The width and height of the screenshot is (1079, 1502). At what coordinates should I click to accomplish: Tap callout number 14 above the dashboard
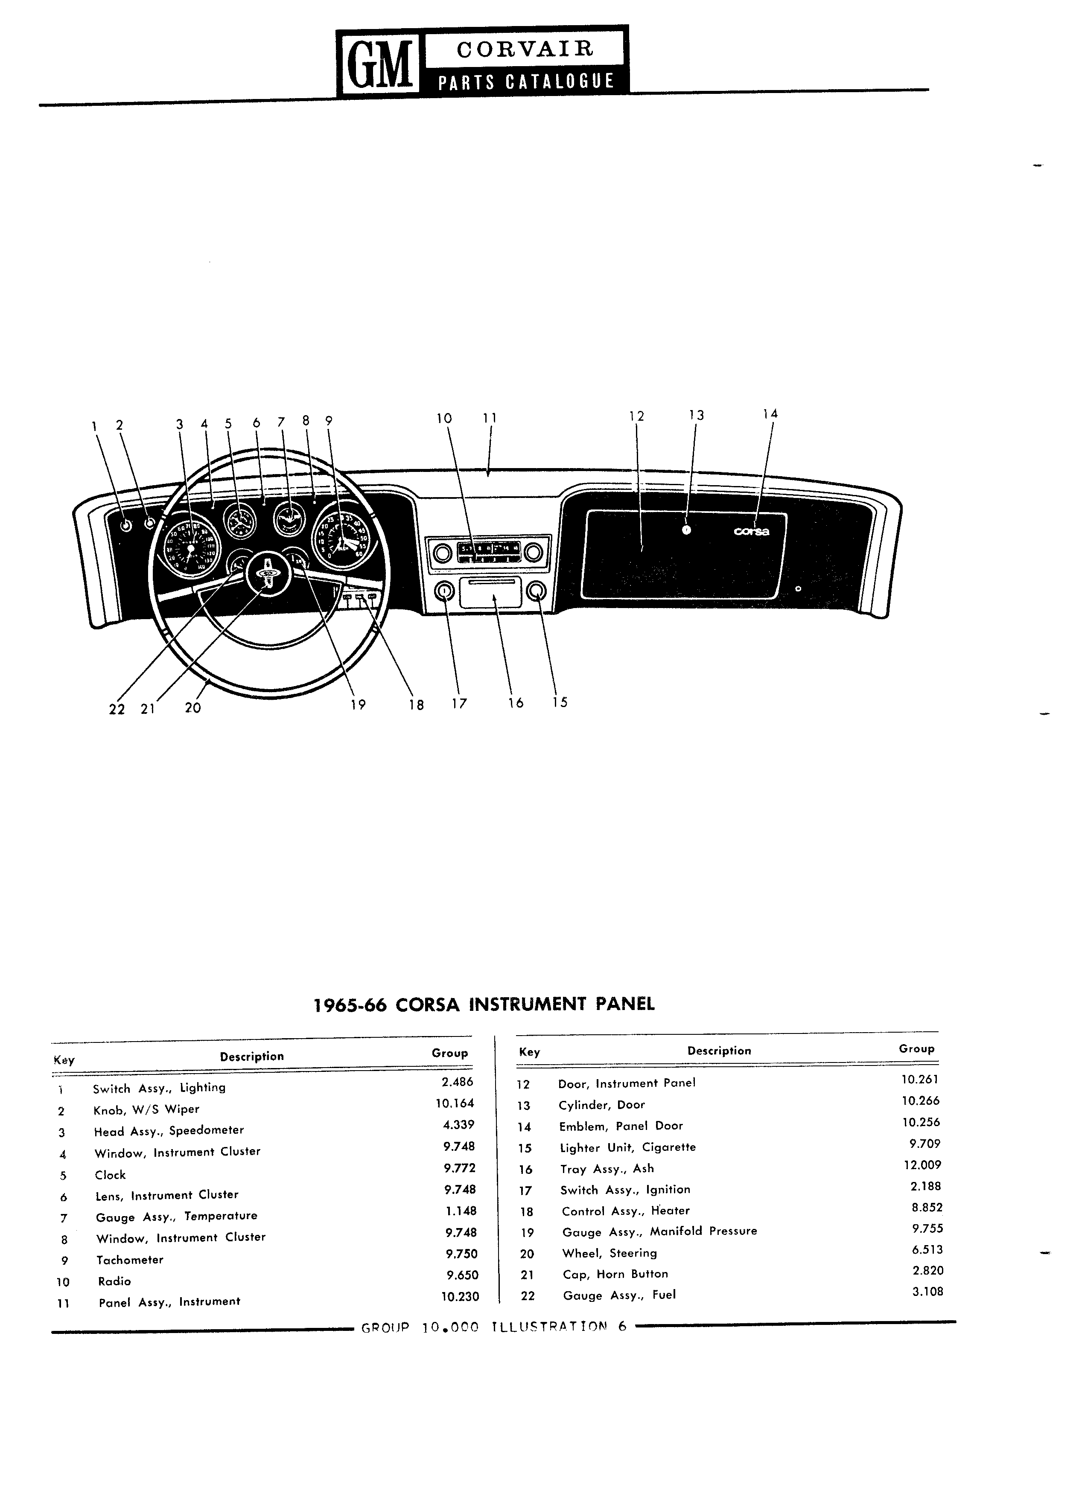(x=770, y=413)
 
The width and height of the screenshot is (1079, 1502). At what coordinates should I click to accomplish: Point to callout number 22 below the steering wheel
(x=117, y=709)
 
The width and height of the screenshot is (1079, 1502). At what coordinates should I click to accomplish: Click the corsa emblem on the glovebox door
(x=751, y=531)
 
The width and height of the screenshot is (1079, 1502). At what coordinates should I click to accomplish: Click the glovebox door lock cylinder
(x=686, y=530)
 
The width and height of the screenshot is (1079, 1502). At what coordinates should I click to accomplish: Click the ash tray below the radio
(x=495, y=591)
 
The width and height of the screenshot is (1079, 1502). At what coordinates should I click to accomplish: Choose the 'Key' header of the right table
(x=529, y=1052)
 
